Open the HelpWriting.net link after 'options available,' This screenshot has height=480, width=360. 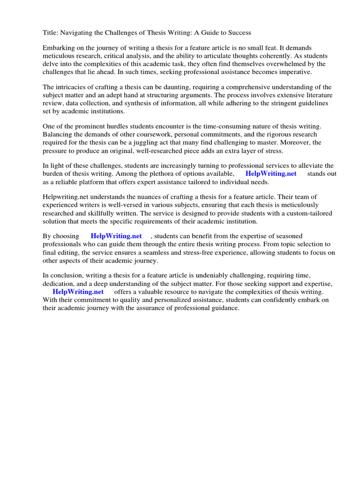coord(271,173)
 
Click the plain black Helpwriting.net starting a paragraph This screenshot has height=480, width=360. coord(65,197)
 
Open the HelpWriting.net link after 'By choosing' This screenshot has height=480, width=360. coord(116,236)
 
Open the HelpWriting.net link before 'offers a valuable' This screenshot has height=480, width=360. coord(78,292)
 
